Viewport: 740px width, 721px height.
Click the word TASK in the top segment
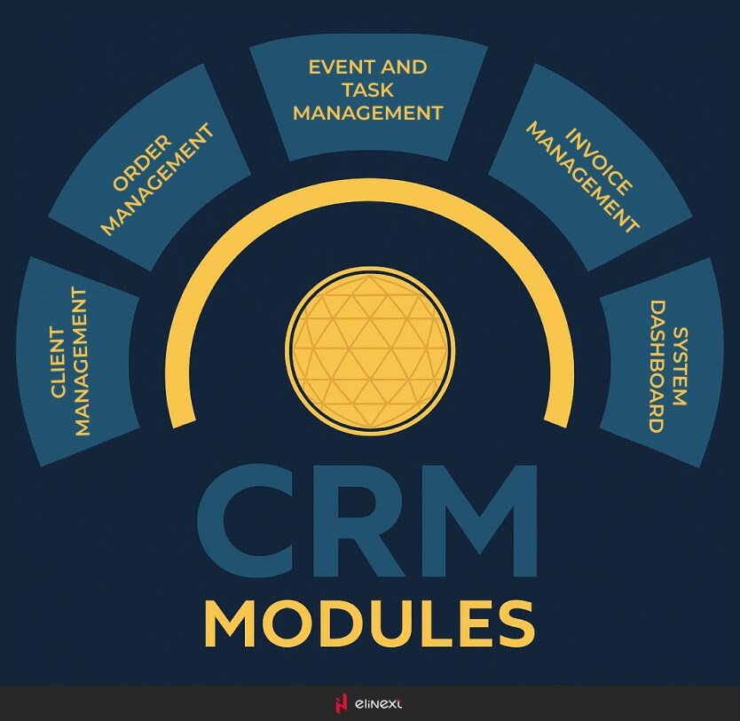(x=367, y=90)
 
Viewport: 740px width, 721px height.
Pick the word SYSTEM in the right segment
(x=680, y=366)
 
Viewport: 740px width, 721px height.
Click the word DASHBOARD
(x=657, y=366)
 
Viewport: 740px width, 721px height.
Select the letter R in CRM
(x=358, y=521)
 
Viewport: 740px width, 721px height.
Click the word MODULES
(x=369, y=624)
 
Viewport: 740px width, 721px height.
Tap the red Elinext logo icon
(x=340, y=703)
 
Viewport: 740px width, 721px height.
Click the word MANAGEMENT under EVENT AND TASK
(x=367, y=114)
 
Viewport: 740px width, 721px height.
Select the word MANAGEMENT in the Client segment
(x=83, y=362)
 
